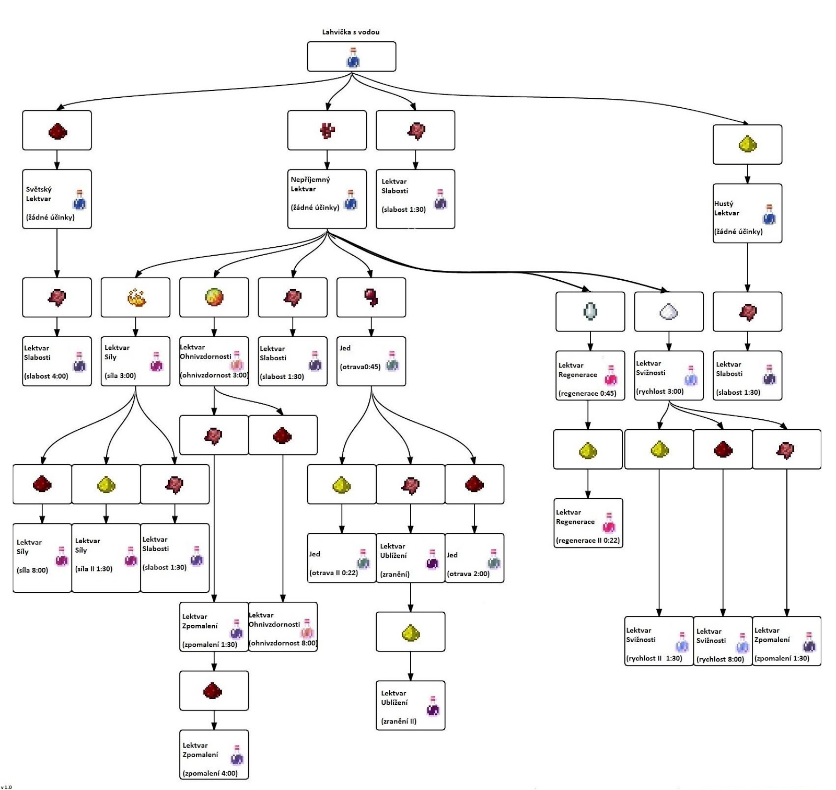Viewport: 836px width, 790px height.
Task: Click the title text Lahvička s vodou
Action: pos(351,32)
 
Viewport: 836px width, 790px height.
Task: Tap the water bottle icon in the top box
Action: pos(353,58)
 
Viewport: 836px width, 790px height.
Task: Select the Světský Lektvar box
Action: pos(57,199)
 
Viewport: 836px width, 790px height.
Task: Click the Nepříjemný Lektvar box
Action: pos(327,199)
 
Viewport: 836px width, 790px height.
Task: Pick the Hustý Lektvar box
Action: pos(747,213)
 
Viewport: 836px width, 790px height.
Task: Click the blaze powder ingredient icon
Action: pos(136,297)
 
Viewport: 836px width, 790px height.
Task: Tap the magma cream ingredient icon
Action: pos(214,297)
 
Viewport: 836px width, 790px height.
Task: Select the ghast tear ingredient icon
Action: pos(590,311)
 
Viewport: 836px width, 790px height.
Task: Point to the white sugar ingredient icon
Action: pos(669,312)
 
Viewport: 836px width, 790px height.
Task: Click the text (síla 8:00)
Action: pos(32,570)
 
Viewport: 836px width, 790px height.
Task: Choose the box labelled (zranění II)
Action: pos(411,705)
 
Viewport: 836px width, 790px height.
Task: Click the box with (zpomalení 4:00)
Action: pos(214,754)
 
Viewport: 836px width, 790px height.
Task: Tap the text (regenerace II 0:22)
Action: pos(588,541)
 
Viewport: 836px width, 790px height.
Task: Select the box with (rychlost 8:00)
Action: pos(723,641)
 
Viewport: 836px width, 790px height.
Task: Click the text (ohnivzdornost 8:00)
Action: pos(283,643)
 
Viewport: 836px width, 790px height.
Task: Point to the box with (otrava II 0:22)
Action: pos(342,558)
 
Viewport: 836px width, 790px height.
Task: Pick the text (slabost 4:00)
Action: pos(46,376)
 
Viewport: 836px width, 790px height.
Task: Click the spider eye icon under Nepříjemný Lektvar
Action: pos(371,297)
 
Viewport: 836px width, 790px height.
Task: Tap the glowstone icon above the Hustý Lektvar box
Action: pos(748,144)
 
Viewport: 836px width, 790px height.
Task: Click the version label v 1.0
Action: pos(6,787)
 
